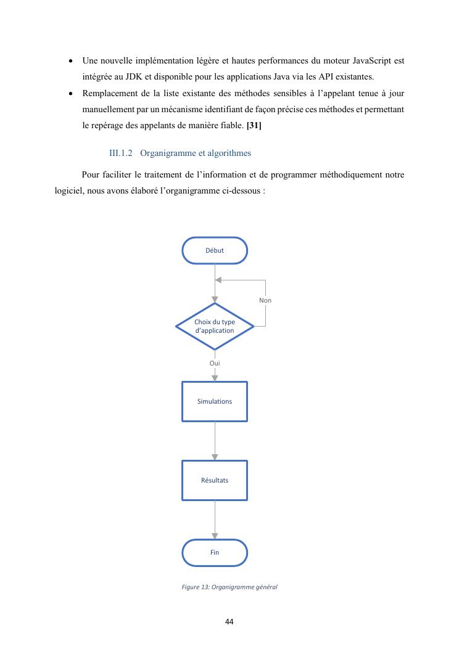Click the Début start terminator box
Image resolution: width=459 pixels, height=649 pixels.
[x=215, y=250]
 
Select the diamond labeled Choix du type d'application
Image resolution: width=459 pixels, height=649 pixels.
[x=214, y=326]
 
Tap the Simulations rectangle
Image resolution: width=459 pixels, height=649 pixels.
[x=215, y=401]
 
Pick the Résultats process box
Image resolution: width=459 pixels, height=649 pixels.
[x=215, y=480]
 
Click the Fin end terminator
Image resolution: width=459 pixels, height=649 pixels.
[x=215, y=552]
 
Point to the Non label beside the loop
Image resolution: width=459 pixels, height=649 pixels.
[x=265, y=300]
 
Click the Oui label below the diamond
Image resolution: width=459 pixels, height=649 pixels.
[x=215, y=363]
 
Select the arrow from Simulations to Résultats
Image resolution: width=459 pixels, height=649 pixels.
[x=215, y=441]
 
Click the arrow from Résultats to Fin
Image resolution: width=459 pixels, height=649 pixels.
[x=215, y=520]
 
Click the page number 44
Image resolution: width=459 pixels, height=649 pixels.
[x=229, y=621]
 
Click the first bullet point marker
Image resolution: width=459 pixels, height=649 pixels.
[x=72, y=62]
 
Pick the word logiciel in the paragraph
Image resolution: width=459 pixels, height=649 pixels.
[x=69, y=191]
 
